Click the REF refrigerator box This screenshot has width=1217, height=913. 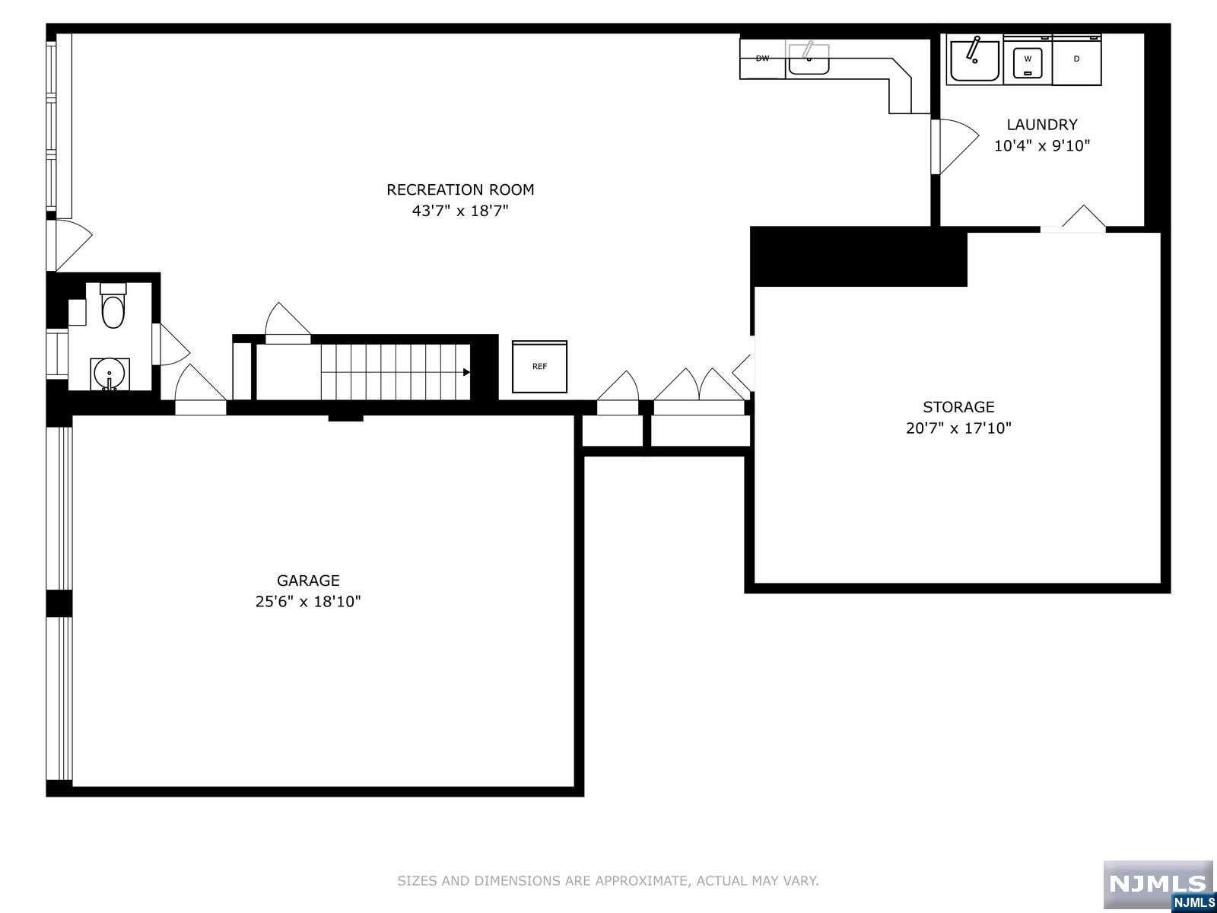pyautogui.click(x=539, y=367)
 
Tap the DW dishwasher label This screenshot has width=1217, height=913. pyautogui.click(x=762, y=59)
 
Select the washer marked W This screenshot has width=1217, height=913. pyautogui.click(x=1028, y=60)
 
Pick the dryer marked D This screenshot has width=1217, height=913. pyautogui.click(x=1076, y=59)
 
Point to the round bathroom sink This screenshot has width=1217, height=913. pyautogui.click(x=110, y=374)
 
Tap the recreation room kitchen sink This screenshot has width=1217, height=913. pyautogui.click(x=809, y=57)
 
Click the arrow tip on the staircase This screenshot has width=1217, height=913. pyautogui.click(x=466, y=372)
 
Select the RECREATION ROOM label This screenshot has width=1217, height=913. pyautogui.click(x=460, y=189)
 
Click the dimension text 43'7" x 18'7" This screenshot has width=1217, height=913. pyautogui.click(x=460, y=211)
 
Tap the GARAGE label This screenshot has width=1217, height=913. pyautogui.click(x=308, y=581)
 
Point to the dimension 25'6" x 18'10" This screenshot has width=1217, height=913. pyautogui.click(x=308, y=602)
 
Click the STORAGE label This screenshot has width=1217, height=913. pyautogui.click(x=958, y=407)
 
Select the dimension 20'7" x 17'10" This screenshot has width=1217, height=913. pyautogui.click(x=958, y=428)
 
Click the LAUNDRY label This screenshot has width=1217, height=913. pyautogui.click(x=1042, y=125)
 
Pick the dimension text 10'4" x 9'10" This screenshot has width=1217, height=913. pyautogui.click(x=1042, y=146)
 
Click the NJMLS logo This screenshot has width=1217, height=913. pyautogui.click(x=1158, y=884)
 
